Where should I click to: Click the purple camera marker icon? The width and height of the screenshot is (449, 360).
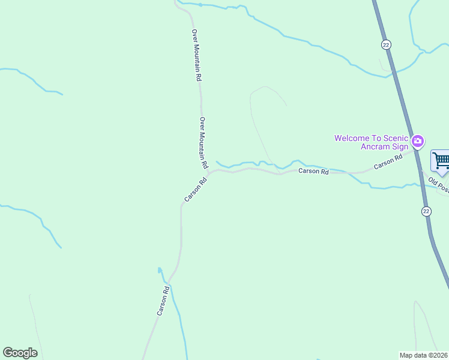[418, 142]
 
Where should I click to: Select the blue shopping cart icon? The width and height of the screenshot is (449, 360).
[441, 161]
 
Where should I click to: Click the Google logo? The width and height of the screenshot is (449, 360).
[20, 353]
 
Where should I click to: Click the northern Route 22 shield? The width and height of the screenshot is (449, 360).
[386, 45]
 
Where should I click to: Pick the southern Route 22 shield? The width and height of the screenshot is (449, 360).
[426, 211]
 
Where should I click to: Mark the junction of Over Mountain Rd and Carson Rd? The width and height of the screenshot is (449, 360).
[208, 172]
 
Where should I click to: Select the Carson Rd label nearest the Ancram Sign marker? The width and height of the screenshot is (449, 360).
[388, 162]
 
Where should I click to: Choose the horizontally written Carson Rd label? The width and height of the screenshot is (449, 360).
[314, 172]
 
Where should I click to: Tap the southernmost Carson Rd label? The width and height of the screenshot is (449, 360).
[163, 301]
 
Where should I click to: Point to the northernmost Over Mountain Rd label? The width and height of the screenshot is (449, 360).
[196, 55]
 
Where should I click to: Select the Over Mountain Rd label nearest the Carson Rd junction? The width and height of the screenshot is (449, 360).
[203, 142]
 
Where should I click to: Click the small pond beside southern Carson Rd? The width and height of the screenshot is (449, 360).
[160, 271]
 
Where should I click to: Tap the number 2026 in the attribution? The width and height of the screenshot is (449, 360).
[441, 355]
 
